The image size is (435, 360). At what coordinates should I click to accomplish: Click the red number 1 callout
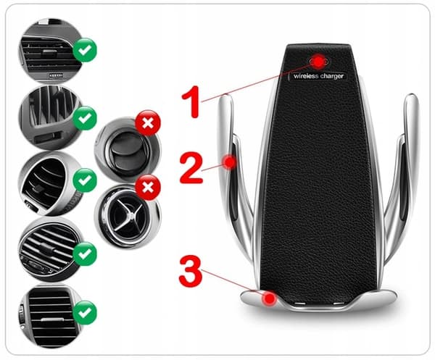191,101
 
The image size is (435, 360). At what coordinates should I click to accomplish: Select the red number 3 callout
191,271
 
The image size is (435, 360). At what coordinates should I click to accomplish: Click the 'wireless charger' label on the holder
318,76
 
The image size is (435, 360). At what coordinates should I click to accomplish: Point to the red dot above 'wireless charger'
319,62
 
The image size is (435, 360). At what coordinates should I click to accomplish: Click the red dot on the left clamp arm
230,162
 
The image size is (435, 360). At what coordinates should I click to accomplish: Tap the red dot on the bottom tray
270,298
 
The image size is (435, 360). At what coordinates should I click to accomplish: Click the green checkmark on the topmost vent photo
85,50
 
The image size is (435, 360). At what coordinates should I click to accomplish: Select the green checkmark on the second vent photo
85,118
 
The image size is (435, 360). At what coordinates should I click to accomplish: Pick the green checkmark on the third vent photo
85,180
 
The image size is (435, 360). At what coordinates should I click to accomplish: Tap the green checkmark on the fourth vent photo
85,254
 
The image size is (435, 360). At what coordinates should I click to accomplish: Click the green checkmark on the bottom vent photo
85,313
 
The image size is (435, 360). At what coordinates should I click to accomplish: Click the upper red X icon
148,123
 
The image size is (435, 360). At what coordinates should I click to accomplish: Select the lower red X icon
148,188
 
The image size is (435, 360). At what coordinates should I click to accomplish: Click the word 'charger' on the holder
332,76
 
